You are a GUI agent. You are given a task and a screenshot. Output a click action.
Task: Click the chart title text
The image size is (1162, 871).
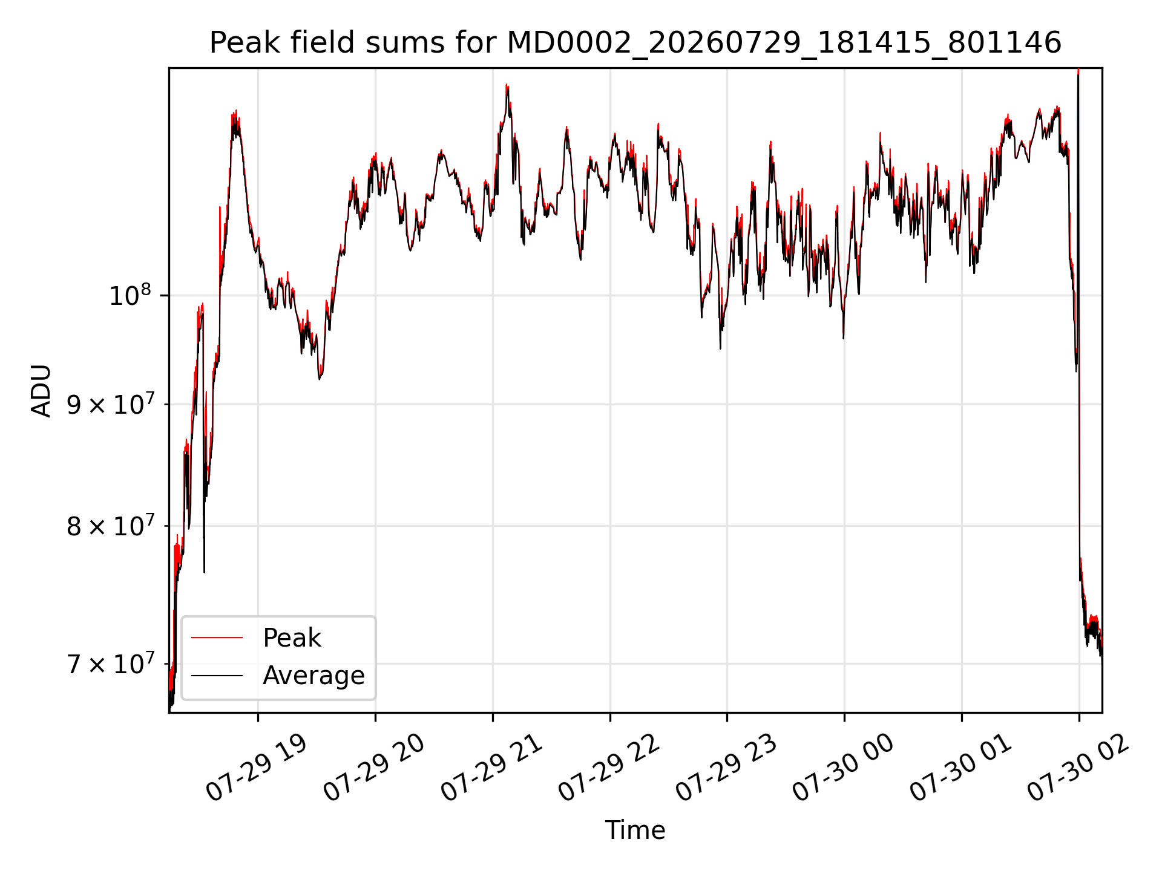[x=635, y=43]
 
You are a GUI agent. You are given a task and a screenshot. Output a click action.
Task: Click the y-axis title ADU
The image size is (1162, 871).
[x=41, y=391]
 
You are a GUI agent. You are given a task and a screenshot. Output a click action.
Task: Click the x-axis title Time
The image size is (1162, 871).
[x=635, y=830]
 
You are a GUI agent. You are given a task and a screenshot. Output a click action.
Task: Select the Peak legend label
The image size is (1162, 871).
[x=292, y=638]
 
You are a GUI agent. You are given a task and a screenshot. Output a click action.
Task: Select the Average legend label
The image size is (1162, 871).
[x=313, y=676]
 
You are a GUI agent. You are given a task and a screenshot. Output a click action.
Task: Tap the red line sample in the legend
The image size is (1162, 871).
[x=217, y=638]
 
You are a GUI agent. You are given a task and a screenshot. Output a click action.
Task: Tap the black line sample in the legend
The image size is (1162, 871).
[x=217, y=676]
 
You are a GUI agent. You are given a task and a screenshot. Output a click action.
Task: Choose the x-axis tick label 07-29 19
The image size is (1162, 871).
[x=257, y=768]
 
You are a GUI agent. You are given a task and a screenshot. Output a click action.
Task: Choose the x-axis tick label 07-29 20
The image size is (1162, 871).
[x=374, y=768]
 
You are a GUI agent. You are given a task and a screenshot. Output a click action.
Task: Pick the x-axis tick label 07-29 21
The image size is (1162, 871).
[x=491, y=768]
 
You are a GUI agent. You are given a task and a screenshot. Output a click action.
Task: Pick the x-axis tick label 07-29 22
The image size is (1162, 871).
[x=609, y=768]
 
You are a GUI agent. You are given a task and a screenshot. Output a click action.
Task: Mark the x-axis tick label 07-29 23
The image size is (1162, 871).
[x=726, y=768]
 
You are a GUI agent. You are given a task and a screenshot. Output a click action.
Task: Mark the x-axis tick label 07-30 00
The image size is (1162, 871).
[x=844, y=768]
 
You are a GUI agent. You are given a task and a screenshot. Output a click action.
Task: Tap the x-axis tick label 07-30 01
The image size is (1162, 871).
[x=961, y=768]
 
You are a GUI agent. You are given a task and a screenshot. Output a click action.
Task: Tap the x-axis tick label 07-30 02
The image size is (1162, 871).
[x=1078, y=768]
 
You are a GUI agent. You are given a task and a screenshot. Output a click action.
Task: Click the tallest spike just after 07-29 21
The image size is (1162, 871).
[x=507, y=86]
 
